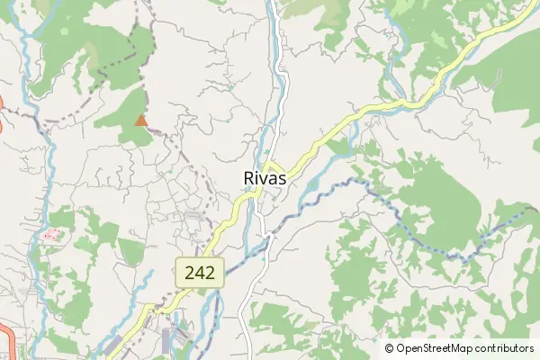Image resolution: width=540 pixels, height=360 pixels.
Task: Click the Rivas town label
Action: point(265,178)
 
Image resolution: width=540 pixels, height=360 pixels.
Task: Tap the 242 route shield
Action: point(200,274)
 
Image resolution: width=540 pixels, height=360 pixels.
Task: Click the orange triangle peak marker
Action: point(140,120)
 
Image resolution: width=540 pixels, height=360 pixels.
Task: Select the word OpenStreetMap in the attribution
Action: point(436,348)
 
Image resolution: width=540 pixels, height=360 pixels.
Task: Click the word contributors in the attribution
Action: point(505,348)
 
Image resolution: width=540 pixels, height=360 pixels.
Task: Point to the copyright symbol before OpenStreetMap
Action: point(390,348)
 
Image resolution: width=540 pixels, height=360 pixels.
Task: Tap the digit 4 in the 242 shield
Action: point(200,274)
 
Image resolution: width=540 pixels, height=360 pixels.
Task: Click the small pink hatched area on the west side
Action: point(51,236)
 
